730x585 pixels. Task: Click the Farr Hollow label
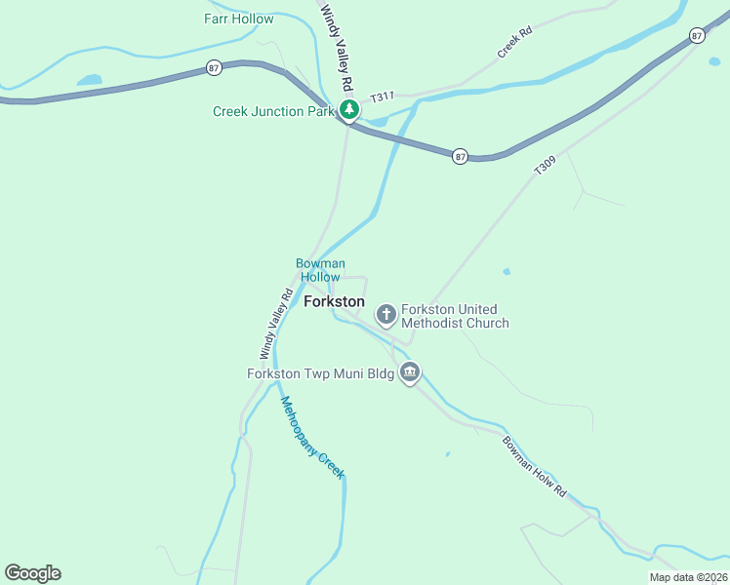pos(239,19)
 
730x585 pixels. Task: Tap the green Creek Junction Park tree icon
pos(348,110)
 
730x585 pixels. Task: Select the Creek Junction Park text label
pos(272,111)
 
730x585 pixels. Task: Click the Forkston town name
pos(334,302)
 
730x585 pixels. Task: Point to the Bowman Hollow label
pos(320,270)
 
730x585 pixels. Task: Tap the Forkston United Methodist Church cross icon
pos(386,314)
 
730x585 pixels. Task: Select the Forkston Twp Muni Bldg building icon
pos(411,372)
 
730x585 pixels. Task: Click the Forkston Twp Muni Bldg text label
pos(321,373)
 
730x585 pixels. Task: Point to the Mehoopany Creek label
pos(312,437)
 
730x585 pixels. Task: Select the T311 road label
pos(383,97)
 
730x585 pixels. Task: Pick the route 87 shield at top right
pos(696,35)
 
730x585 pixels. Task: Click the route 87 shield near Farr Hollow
pos(215,67)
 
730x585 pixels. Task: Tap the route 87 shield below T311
pos(461,156)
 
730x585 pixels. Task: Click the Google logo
pos(32,573)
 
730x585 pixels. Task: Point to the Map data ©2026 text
pos(687,577)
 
